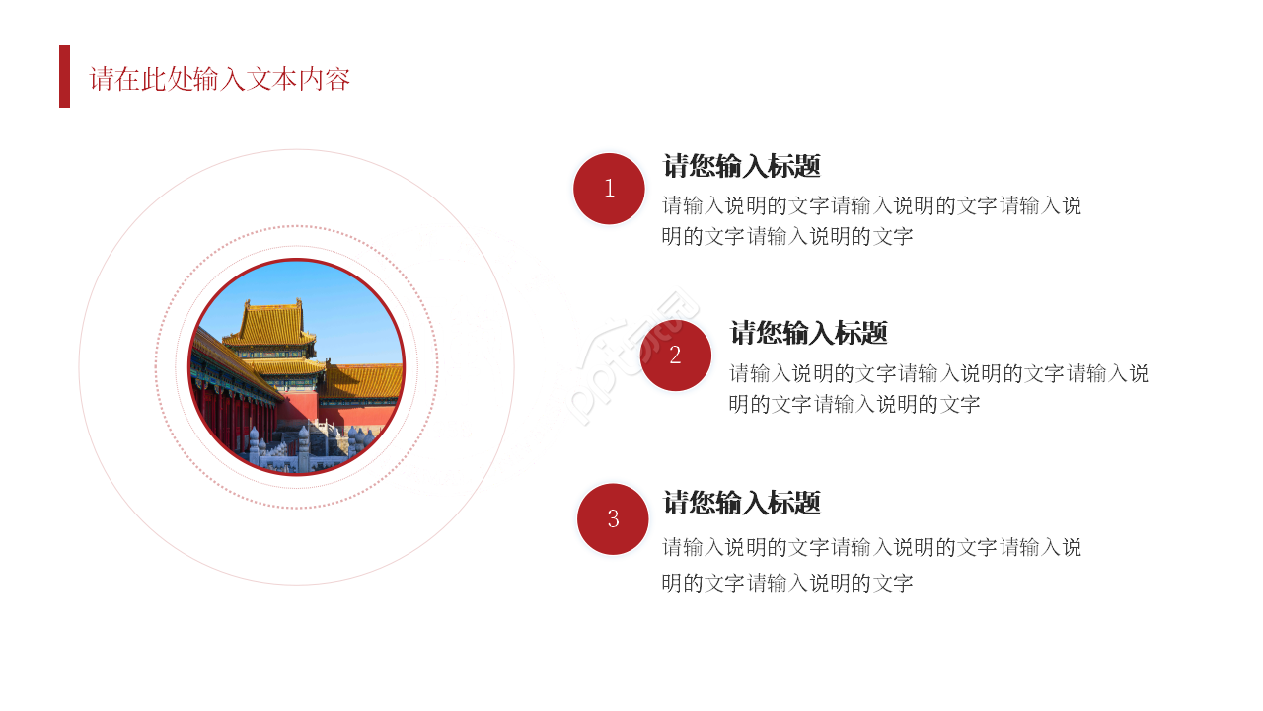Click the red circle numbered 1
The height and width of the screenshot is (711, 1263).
click(x=609, y=189)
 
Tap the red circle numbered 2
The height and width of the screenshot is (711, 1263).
click(x=675, y=355)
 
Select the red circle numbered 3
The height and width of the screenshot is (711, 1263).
click(x=613, y=518)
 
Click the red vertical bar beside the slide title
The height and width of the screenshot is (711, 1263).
click(x=65, y=76)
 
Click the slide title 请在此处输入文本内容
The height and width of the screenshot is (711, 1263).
click(x=220, y=79)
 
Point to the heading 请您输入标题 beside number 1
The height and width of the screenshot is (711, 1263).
click(x=742, y=166)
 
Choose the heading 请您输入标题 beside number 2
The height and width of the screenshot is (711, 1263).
click(x=809, y=333)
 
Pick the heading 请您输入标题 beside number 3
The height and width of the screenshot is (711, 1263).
click(x=742, y=503)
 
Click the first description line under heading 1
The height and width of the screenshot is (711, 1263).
click(x=871, y=205)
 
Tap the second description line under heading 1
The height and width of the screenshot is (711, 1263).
click(x=787, y=236)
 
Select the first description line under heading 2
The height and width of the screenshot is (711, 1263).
click(x=938, y=373)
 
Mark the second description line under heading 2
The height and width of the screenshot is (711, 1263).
click(x=854, y=404)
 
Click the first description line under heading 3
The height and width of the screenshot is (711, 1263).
click(x=871, y=546)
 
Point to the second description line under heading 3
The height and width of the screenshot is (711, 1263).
click(x=787, y=583)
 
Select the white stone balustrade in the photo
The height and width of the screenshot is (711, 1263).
click(x=296, y=449)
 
